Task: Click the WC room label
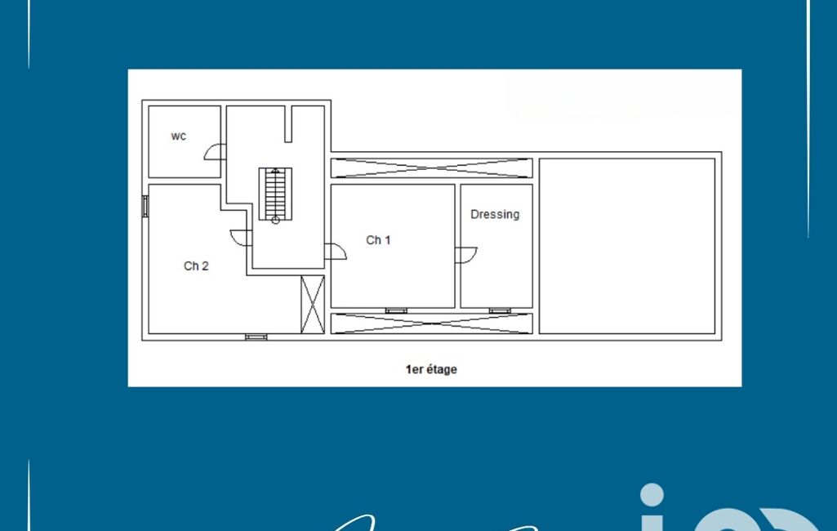click(178, 136)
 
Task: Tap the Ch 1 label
click(378, 240)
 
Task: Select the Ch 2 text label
click(196, 265)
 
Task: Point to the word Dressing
click(495, 214)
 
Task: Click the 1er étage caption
click(431, 369)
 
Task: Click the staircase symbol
click(275, 194)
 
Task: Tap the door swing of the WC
click(215, 152)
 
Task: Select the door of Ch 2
click(241, 238)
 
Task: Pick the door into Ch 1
click(336, 252)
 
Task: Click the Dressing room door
click(466, 256)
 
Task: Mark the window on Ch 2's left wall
click(145, 206)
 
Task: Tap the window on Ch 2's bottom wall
click(256, 337)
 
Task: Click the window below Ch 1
click(396, 310)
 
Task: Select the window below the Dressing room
click(500, 310)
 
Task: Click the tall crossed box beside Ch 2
click(313, 305)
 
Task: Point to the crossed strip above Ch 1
click(431, 167)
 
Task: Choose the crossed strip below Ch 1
click(431, 324)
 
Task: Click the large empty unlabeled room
click(627, 246)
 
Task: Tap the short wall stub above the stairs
click(288, 124)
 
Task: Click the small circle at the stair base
click(275, 220)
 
